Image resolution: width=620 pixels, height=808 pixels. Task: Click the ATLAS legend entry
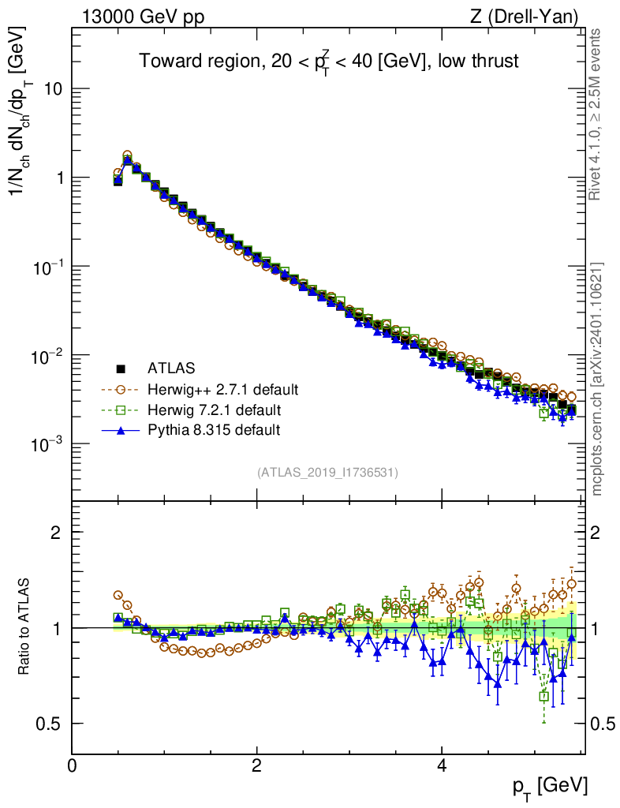point(170,368)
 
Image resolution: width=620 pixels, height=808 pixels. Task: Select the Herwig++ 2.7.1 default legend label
point(222,389)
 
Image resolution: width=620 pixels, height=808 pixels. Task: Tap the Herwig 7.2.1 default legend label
point(215,410)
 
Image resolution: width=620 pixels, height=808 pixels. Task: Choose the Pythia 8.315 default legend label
point(213,430)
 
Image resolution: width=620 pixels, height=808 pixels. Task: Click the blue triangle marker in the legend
point(121,430)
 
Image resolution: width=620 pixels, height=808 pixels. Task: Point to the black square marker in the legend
point(121,368)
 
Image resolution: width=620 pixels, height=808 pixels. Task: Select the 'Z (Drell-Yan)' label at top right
point(532,16)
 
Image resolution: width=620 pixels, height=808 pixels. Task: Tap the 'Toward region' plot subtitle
point(328,62)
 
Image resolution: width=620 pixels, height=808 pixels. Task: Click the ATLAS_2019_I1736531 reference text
point(327,473)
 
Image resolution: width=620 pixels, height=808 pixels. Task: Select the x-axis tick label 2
point(257,765)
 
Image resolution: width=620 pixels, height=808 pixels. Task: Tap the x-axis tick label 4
point(442,765)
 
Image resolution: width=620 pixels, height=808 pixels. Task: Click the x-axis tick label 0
point(73,765)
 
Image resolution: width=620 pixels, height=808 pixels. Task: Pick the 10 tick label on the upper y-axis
point(53,89)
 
